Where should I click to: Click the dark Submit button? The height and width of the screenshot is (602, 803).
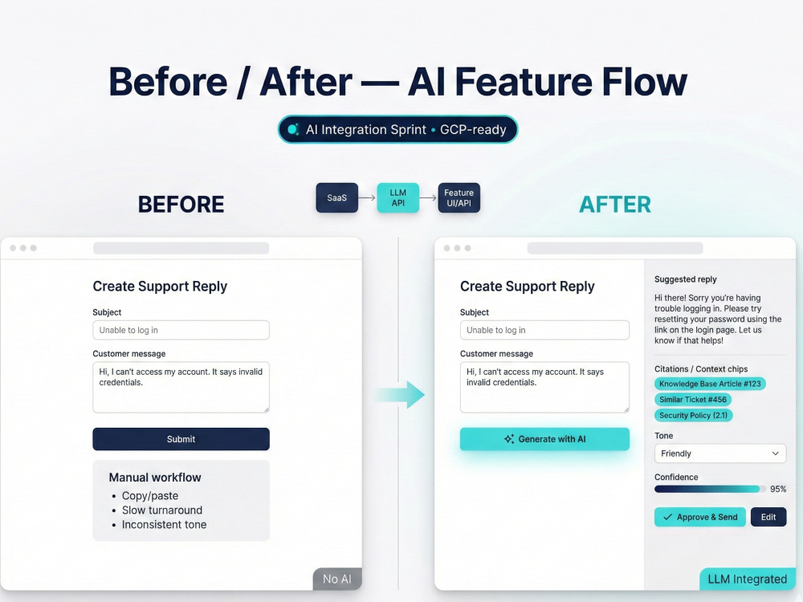(181, 439)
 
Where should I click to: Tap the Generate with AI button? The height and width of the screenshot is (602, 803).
(544, 439)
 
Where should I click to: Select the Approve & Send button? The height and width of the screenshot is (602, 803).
(700, 517)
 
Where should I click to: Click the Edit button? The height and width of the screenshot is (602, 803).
(768, 517)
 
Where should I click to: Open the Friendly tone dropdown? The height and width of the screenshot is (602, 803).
(720, 454)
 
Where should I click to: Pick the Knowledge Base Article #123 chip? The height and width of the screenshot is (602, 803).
(710, 384)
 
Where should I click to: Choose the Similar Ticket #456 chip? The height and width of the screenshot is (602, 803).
(693, 400)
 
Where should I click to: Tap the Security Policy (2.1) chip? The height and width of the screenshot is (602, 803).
(694, 415)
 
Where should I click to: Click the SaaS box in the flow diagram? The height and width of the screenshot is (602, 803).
(337, 197)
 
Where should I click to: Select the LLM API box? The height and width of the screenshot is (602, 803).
(398, 197)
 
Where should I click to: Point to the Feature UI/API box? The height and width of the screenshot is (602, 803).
(459, 197)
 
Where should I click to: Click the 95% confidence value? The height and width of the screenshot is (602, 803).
(778, 489)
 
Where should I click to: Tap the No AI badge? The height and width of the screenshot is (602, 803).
(337, 579)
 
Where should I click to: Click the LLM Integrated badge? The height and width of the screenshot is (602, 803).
(747, 579)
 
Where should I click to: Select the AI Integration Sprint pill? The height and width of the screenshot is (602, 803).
(398, 129)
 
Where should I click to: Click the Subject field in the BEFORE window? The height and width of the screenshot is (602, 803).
(181, 330)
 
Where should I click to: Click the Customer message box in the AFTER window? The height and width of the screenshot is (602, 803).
(544, 387)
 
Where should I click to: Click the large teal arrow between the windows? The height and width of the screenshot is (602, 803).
(400, 395)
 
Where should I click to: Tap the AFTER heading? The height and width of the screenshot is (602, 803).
(615, 205)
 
